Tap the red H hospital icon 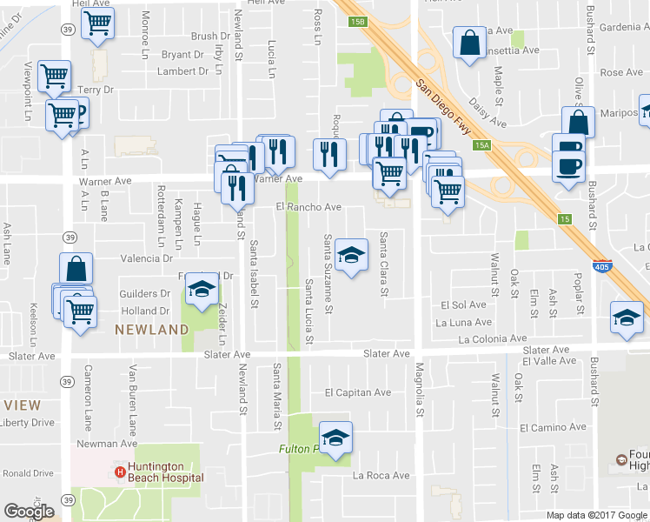click(120, 472)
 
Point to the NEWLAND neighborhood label click(152, 330)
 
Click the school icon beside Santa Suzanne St click(351, 255)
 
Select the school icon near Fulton click(335, 438)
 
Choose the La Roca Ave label click(381, 476)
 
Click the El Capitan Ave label click(357, 392)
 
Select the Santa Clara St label click(383, 264)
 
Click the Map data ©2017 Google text click(596, 515)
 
